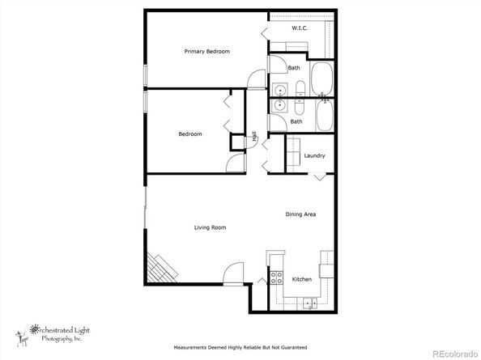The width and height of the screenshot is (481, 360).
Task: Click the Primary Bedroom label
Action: coord(206,52)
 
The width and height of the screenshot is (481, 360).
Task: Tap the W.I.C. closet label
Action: coord(300,28)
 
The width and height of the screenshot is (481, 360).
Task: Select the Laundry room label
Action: coord(314,155)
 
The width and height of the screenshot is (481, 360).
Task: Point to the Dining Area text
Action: coord(300,214)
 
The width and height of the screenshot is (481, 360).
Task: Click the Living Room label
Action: coord(210,227)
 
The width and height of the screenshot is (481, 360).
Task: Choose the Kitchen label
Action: coord(302,279)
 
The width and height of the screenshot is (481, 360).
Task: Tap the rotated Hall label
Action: coord(254,137)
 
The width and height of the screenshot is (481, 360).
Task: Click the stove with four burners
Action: coord(276,277)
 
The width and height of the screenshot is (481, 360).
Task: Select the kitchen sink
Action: coord(310,303)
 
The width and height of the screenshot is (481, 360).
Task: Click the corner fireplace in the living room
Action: coord(160,269)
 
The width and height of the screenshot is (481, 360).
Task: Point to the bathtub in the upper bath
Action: coord(321,78)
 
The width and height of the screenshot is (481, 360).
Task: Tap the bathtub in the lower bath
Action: coord(325,115)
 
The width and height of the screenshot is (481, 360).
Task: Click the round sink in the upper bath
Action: coord(279,91)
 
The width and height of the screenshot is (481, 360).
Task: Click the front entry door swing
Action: coord(233,273)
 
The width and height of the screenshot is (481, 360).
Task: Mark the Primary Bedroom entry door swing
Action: coord(256,78)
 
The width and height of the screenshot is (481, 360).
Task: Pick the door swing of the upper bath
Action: coord(278,65)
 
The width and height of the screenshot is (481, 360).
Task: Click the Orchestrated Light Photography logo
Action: coord(53,335)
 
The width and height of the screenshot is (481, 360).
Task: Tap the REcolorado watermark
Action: coord(455,354)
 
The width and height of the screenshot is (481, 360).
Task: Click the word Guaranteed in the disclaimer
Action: coord(294,347)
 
